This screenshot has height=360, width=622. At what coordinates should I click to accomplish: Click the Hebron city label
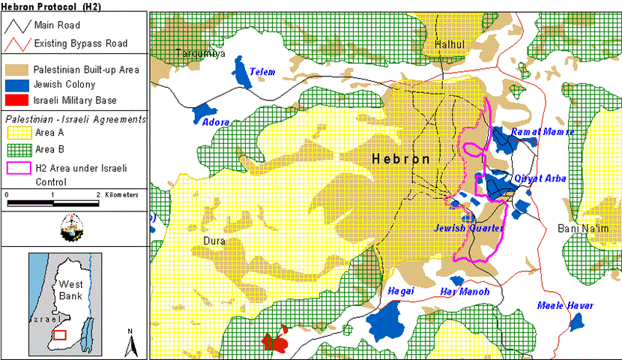(x=401, y=159)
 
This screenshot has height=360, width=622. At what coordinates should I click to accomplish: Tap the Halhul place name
(x=450, y=46)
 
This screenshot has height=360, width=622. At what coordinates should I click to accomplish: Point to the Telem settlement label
(x=263, y=72)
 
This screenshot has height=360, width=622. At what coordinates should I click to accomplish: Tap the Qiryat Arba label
(x=541, y=178)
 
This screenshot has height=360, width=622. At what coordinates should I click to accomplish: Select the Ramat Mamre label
(x=543, y=132)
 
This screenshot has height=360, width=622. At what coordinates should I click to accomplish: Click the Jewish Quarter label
(x=470, y=227)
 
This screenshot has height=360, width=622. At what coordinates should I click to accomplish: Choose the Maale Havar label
(x=565, y=305)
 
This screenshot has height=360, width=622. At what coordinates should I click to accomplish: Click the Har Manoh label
(x=465, y=291)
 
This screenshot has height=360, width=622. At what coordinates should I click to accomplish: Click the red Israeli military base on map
(x=276, y=341)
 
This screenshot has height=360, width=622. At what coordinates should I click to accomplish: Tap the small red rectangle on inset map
(x=60, y=334)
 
